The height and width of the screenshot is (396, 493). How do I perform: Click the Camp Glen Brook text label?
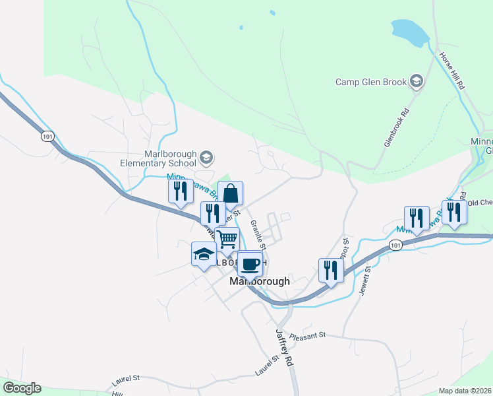pyautogui.click(x=372, y=82)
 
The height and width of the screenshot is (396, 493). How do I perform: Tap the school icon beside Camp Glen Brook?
pyautogui.click(x=416, y=82)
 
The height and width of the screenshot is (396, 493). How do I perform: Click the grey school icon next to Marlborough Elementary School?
pyautogui.click(x=206, y=157)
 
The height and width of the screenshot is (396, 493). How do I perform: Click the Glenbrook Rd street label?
pyautogui.click(x=396, y=127)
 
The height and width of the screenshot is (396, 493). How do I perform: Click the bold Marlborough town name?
pyautogui.click(x=260, y=281)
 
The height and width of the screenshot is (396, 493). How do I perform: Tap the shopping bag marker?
pyautogui.click(x=231, y=193)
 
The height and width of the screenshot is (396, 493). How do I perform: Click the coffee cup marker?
pyautogui.click(x=250, y=264)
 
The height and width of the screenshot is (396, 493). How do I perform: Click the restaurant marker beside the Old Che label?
pyautogui.click(x=453, y=213)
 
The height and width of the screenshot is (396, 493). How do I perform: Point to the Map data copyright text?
pyautogui.click(x=465, y=391)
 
